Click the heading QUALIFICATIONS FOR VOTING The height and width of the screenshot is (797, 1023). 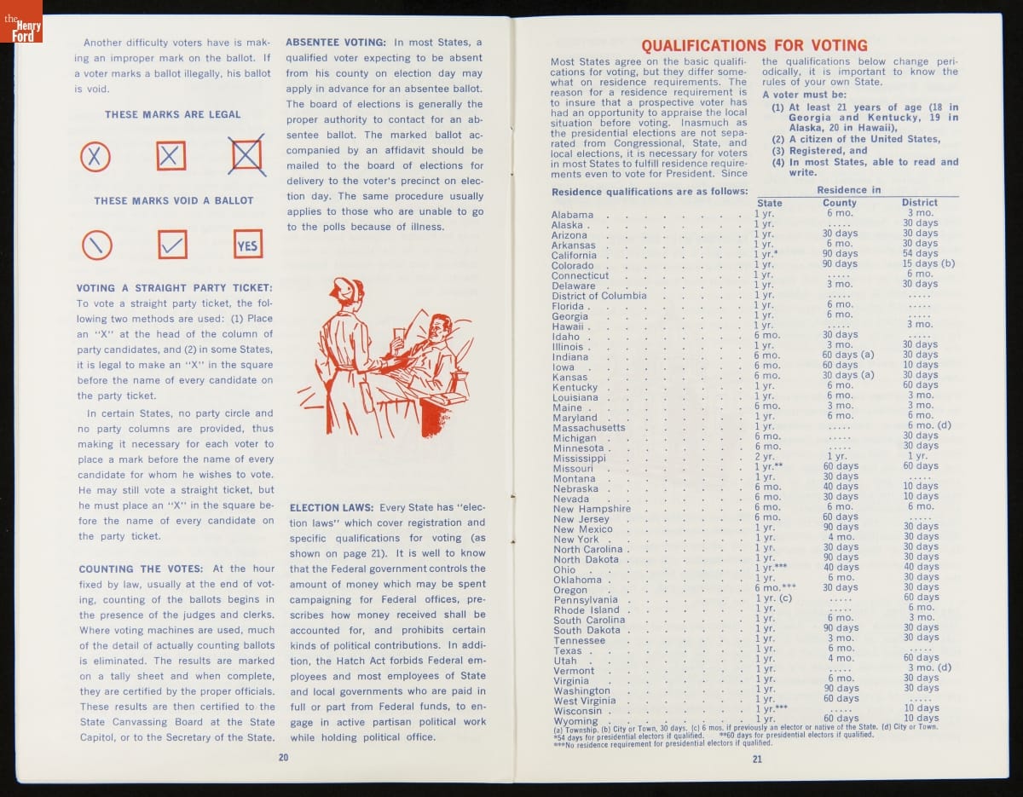[754, 46]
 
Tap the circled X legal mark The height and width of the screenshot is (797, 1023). [95, 156]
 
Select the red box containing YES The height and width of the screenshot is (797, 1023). [247, 245]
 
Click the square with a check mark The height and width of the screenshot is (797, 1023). [172, 245]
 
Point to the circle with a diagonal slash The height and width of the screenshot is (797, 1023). [96, 245]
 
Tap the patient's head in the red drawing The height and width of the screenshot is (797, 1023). [441, 326]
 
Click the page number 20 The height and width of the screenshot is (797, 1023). [283, 757]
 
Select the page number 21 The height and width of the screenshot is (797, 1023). [757, 760]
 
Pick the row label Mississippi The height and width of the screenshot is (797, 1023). [578, 459]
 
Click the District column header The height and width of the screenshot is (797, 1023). [919, 203]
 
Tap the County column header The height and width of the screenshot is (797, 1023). [839, 203]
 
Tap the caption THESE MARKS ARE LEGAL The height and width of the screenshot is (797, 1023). [173, 114]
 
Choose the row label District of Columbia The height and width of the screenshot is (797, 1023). [598, 296]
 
